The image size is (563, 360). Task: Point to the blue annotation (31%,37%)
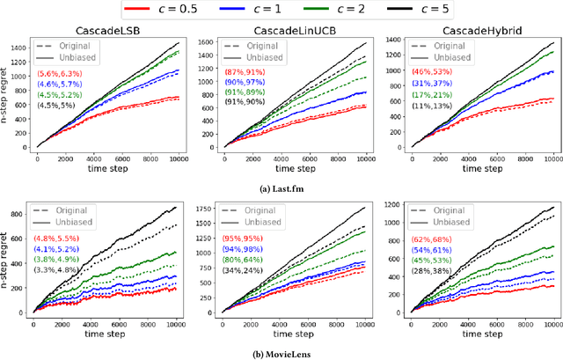pos(428,84)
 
